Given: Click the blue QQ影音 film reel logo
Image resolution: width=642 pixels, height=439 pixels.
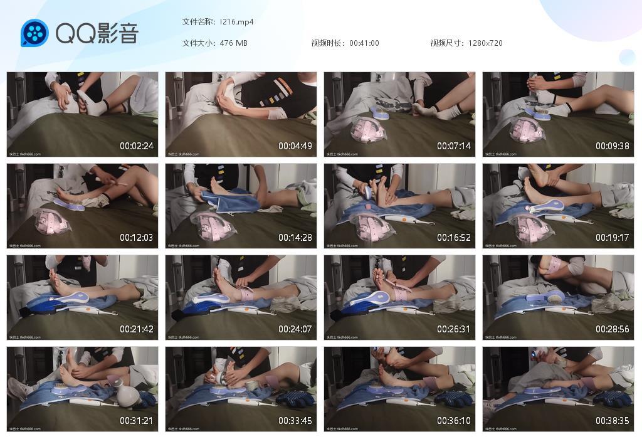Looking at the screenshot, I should point(34,33).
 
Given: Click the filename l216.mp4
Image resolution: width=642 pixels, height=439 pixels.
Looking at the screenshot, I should point(236,22).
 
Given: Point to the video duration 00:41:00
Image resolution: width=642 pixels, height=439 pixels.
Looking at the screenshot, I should point(364,43).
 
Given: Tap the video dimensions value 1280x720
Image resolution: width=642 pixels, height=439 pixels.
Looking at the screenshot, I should point(485,43).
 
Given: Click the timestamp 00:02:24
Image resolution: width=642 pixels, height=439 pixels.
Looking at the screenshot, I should point(137,146).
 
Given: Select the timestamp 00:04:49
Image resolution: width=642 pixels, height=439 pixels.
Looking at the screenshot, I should point(295,146).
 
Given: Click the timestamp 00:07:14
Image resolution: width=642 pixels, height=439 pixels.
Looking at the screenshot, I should point(454,146).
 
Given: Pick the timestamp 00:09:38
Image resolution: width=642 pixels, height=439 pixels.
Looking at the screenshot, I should point(613,146).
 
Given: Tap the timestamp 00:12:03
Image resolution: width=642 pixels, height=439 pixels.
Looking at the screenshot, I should point(137,238).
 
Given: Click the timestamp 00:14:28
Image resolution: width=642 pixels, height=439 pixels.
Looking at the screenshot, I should point(295,238).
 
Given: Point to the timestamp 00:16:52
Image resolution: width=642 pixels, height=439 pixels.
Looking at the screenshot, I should point(454,238).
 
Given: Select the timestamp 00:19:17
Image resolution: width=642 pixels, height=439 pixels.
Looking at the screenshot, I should point(613,238).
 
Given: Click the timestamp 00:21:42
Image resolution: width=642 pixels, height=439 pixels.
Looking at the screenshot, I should point(137,329).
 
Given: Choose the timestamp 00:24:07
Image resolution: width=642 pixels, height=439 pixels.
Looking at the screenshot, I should point(295,329).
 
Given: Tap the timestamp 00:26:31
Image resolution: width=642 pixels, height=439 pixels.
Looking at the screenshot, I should point(454,329).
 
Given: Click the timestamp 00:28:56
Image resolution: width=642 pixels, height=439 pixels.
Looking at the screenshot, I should point(613,329).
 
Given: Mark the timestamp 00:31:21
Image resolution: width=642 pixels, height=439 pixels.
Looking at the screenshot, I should point(137,421).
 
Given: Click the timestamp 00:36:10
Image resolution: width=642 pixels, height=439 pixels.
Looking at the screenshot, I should point(454,421).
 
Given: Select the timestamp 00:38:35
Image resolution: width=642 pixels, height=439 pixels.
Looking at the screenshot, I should point(613,421).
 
